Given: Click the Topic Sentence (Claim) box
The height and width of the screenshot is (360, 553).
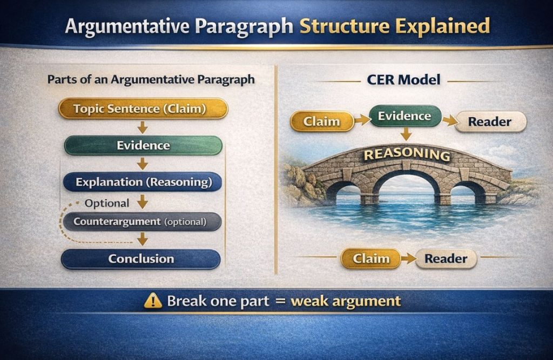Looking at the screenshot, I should (x=143, y=108).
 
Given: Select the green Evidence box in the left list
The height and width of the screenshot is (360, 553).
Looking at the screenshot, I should (x=143, y=145).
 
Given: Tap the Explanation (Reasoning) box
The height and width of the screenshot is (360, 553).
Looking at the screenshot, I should (x=143, y=182).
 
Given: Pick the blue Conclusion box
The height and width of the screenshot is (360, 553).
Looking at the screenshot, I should (x=141, y=259).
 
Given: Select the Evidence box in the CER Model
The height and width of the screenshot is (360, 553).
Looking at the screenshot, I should (x=404, y=116).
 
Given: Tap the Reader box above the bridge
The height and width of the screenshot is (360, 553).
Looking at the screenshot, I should (x=490, y=121).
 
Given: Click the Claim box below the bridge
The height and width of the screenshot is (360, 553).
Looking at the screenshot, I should (x=371, y=259).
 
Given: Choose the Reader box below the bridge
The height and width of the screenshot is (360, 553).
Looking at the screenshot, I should (x=446, y=259).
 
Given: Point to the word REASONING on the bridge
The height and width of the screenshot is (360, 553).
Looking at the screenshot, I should (x=407, y=155).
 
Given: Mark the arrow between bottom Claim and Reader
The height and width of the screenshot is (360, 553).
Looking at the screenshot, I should (x=408, y=259).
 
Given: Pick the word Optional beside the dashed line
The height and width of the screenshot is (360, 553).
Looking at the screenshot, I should (x=107, y=203).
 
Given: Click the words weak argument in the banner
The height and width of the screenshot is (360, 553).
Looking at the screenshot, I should (x=346, y=301).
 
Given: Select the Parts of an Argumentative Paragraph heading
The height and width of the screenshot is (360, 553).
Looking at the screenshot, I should (x=151, y=80).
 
